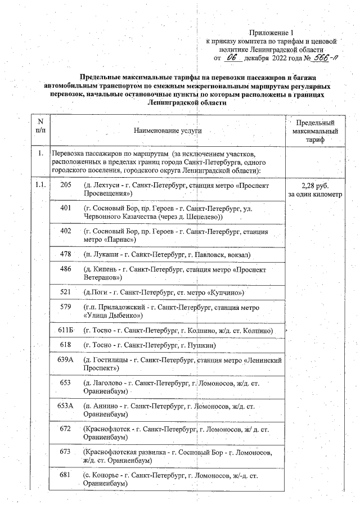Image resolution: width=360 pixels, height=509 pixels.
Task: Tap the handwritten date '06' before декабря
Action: tap(232, 57)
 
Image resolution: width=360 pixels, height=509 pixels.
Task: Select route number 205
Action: tap(65, 185)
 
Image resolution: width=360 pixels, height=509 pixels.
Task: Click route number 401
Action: tap(65, 208)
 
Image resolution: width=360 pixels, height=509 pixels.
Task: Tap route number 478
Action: tap(65, 254)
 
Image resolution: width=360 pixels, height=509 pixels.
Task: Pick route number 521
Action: tap(65, 293)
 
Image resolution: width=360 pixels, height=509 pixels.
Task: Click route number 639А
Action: tap(65, 359)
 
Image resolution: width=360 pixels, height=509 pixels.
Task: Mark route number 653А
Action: tap(65, 406)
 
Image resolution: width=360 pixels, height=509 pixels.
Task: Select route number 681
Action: tap(65, 475)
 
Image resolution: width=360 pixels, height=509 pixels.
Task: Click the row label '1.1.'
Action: tap(40, 185)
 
